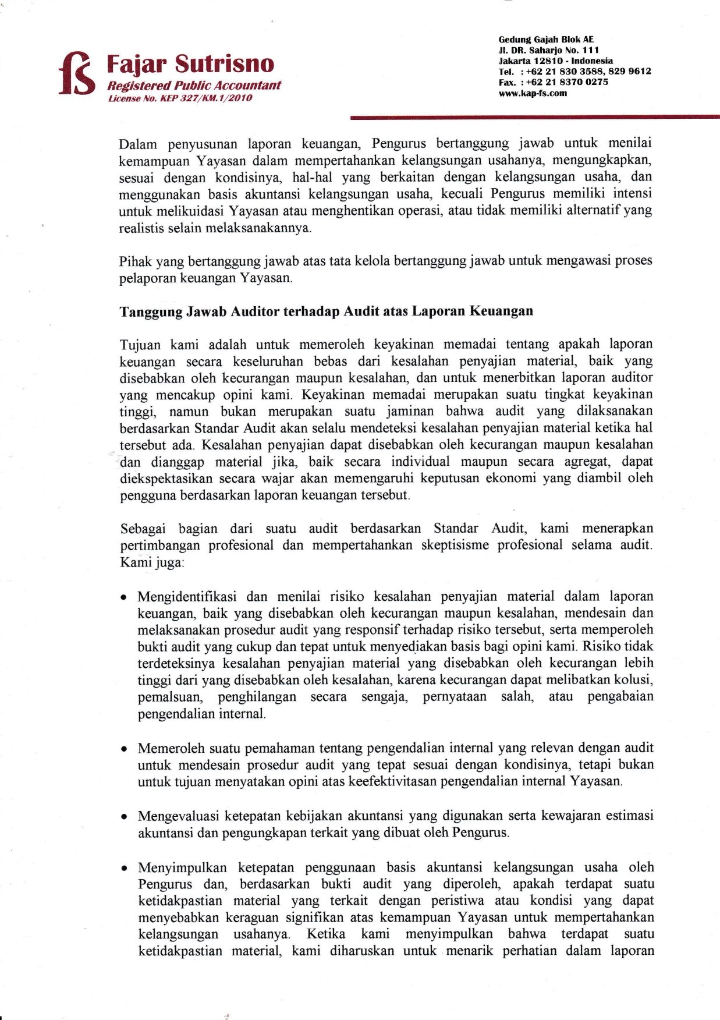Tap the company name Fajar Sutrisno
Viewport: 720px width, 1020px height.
coord(190,63)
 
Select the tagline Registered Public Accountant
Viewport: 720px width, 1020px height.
coord(194,85)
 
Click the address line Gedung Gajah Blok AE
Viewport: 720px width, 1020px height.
coord(546,40)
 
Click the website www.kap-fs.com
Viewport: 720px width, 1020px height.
coord(533,93)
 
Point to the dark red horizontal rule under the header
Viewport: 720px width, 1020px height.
coord(535,118)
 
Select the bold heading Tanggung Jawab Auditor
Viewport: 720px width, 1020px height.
coord(326,311)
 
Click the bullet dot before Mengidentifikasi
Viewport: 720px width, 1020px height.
coord(124,597)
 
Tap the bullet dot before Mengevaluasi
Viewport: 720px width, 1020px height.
coord(124,817)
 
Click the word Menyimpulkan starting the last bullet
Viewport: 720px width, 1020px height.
coord(182,867)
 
